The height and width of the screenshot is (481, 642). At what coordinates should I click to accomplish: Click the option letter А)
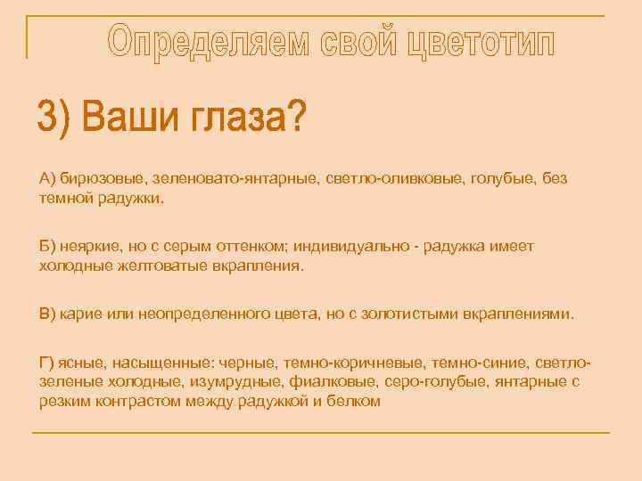(48, 179)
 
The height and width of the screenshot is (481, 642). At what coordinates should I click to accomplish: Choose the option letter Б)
(48, 245)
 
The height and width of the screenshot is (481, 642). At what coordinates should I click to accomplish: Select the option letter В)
(48, 314)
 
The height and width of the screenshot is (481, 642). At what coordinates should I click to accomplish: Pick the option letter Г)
(48, 363)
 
